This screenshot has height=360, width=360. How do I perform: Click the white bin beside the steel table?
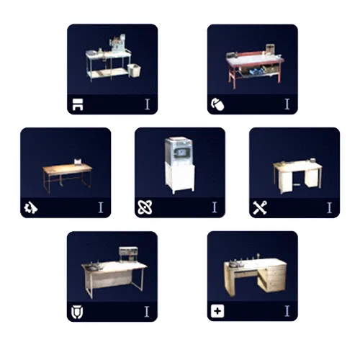point(134,70)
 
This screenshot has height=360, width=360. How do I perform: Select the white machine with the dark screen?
point(179,165)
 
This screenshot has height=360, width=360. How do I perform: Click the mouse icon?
point(217,104)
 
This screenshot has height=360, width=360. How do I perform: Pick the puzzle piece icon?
point(31,207)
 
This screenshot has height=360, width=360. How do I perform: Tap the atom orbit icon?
point(145,207)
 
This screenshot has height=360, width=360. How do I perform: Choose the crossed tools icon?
point(260,207)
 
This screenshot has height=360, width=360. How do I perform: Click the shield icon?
point(77,312)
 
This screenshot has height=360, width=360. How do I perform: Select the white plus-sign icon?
point(217,311)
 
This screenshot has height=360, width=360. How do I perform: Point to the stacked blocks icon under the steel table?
point(78,104)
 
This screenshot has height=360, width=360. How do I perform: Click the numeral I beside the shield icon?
point(147,312)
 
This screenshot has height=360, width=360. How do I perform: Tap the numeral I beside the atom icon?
point(215,207)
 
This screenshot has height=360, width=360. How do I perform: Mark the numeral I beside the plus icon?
point(287,311)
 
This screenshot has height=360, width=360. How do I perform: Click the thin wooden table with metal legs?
point(68,176)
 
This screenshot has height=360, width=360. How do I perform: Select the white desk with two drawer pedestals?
point(297,175)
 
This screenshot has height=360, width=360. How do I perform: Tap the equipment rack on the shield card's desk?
point(128,254)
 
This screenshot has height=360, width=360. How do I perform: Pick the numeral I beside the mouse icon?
point(287,104)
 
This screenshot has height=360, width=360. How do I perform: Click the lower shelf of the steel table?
point(109,73)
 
